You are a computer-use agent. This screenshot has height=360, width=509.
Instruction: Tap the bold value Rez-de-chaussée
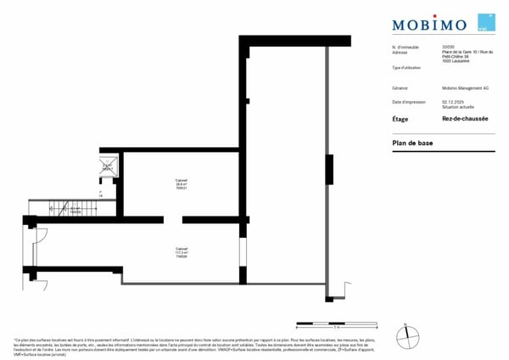point(466,120)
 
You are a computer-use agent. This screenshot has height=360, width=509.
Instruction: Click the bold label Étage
point(400,120)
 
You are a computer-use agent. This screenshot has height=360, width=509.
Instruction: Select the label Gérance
point(400,88)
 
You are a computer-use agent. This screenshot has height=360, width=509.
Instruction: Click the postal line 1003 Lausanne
point(456,61)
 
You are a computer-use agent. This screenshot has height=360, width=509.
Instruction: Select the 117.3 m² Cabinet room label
point(182,252)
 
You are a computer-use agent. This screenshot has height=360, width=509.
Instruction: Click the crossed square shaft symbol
point(108,166)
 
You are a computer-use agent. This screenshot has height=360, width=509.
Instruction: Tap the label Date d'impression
point(408,102)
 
